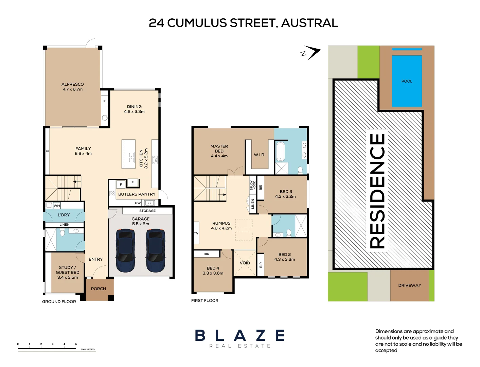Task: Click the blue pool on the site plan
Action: tap(407, 82)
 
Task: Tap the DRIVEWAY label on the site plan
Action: tap(409, 285)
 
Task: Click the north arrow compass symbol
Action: tap(311, 53)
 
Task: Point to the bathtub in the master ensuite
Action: tap(280, 152)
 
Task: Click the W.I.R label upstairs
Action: tap(259, 155)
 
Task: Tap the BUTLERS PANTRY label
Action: tap(137, 194)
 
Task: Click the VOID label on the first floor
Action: tap(245, 263)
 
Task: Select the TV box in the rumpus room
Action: tap(196, 233)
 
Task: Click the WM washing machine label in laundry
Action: tap(57, 206)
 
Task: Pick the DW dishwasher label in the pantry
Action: tap(138, 203)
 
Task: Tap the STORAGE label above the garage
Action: tap(147, 211)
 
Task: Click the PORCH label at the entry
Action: tap(99, 289)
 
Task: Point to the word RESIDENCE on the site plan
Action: tap(377, 190)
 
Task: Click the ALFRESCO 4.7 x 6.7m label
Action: tap(72, 87)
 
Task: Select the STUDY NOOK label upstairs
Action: tap(253, 185)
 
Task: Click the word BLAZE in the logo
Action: tap(240, 336)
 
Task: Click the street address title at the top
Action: tap(243, 23)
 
